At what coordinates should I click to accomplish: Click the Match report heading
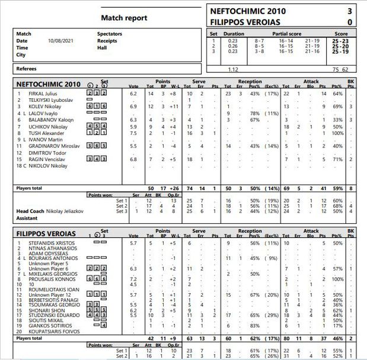coord(124,18)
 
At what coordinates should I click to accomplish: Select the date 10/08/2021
coord(60,40)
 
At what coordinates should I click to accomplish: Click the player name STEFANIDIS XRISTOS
coord(47,243)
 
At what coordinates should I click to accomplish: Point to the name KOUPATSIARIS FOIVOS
coord(49,332)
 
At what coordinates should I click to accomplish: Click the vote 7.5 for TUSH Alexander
coord(133,133)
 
